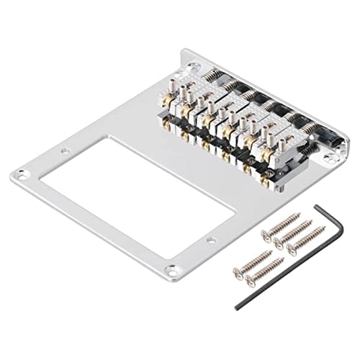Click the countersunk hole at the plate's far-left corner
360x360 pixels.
(21, 174)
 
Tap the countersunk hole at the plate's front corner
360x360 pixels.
(171, 271)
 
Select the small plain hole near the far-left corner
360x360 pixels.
(65, 151)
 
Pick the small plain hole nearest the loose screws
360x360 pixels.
(211, 240)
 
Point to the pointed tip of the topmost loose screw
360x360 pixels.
(300, 215)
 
